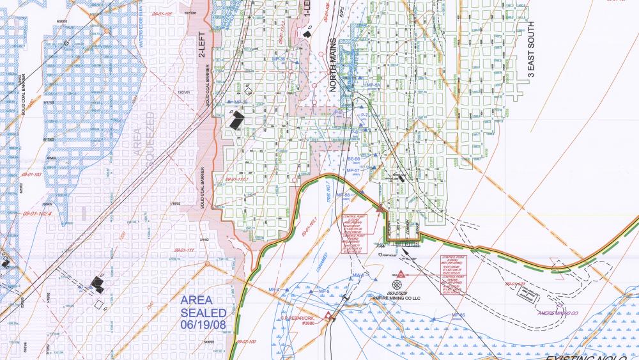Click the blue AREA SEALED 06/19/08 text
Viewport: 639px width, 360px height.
pyautogui.click(x=203, y=313)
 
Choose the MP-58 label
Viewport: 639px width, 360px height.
pyautogui.click(x=344, y=194)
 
